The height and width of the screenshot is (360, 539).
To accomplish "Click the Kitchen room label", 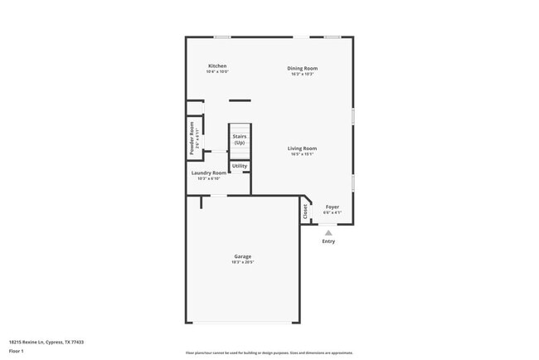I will coord(217,66).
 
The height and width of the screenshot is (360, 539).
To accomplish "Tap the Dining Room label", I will coord(303,68).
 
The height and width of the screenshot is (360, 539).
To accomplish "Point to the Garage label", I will coord(242,256).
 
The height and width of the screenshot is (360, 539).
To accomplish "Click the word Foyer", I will coord(332,207).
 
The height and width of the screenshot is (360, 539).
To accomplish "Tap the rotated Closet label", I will coord(305,212).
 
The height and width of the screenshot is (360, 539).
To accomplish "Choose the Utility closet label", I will coord(239,166).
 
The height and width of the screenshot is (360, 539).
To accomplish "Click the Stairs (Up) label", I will coord(239,139).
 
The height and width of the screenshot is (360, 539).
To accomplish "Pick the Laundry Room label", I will coord(208,173).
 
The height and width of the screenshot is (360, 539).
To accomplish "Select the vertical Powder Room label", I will coord(192,139).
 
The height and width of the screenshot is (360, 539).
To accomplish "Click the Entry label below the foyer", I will coord(328,241).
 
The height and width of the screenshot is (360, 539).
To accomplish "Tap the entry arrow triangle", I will coord(328,232).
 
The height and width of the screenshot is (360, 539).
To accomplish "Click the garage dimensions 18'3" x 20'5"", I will coord(242,262).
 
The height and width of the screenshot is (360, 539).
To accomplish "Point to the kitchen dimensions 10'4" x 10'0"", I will coord(217,72).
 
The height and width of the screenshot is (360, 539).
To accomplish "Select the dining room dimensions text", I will coord(303,74).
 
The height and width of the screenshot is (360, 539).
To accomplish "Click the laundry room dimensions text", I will coord(208,178).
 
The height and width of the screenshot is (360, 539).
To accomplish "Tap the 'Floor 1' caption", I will coord(17,351).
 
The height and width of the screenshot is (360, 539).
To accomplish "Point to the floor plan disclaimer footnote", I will coord(269,352).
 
